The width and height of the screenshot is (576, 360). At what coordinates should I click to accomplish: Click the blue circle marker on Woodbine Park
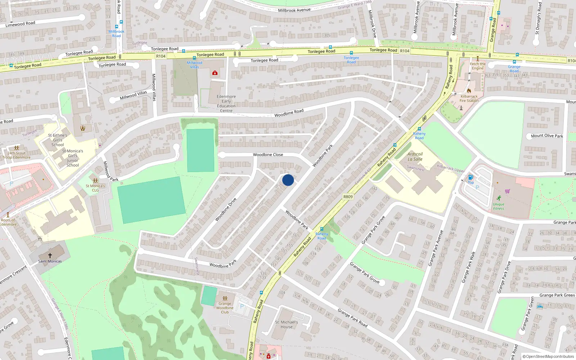[288, 180]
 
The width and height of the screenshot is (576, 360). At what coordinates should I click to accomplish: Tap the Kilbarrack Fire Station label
[469, 98]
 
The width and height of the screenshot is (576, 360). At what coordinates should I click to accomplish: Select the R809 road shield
[348, 197]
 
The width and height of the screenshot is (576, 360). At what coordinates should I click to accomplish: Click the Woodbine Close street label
[268, 154]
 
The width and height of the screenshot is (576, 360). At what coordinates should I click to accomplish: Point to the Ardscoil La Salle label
[415, 157]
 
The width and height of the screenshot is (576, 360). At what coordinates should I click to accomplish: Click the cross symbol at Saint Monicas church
[50, 255]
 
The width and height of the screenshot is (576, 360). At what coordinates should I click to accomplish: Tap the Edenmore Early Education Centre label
[226, 104]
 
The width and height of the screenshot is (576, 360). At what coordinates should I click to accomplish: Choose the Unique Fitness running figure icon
[499, 198]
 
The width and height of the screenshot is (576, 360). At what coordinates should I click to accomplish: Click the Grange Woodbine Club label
[225, 308]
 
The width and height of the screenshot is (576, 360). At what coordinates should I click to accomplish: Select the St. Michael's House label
[287, 324]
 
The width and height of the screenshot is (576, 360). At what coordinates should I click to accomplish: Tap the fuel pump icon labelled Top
[470, 177]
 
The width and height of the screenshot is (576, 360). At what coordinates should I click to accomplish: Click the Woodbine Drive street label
[226, 209]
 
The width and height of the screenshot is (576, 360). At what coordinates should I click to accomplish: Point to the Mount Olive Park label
[547, 136]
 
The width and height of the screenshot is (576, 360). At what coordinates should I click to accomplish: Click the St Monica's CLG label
[95, 188]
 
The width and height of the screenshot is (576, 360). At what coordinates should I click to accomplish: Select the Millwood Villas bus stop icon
[194, 58]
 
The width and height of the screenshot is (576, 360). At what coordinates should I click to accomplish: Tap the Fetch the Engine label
[478, 66]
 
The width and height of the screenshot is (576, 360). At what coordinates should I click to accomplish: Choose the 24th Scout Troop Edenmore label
[17, 155]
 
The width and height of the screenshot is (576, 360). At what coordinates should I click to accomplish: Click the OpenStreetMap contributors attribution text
[548, 356]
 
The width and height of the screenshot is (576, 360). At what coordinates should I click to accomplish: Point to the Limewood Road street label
[20, 24]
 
